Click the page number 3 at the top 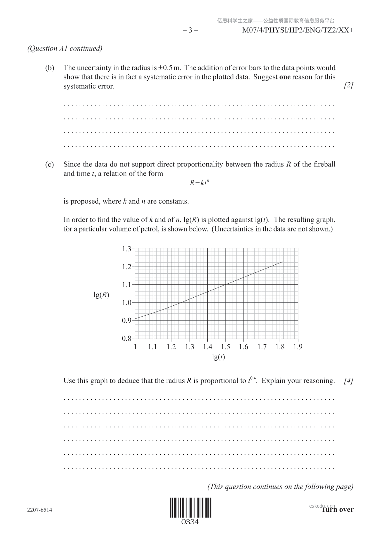tap(190, 30)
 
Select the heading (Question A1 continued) tap(65, 48)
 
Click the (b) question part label tap(50, 68)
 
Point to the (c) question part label tap(49, 165)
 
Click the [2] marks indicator tap(349, 85)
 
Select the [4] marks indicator tap(349, 381)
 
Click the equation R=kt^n tap(199, 183)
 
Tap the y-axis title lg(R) tap(101, 295)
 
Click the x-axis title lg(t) tap(218, 357)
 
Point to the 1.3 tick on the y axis tap(127, 249)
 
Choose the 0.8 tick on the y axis tap(127, 339)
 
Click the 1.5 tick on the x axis tap(226, 347)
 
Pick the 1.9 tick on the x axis tap(298, 347)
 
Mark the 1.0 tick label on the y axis tap(127, 303)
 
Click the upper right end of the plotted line tap(282, 262)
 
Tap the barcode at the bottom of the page tap(191, 508)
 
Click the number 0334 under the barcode tap(190, 522)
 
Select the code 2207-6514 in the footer tap(40, 510)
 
